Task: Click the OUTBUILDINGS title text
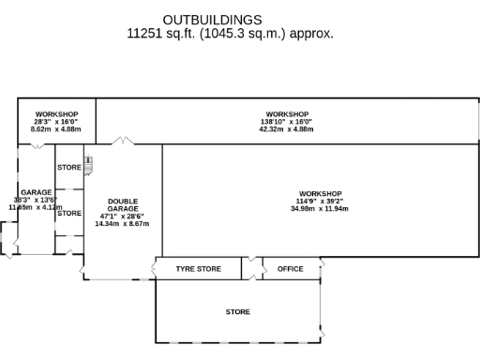pos(212,20)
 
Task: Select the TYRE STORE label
pos(199,269)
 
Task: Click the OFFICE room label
pos(291,269)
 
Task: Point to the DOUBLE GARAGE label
pos(123,205)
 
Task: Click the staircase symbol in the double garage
pos(90,166)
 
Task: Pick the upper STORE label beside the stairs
pos(69,167)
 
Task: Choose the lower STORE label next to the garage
pos(69,214)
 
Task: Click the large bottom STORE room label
pos(237,311)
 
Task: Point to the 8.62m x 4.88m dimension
pos(55,129)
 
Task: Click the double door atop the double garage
pos(123,142)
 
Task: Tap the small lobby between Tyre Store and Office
pos(251,269)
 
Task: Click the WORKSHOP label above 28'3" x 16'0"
pos(55,114)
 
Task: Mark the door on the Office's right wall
pos(322,269)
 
